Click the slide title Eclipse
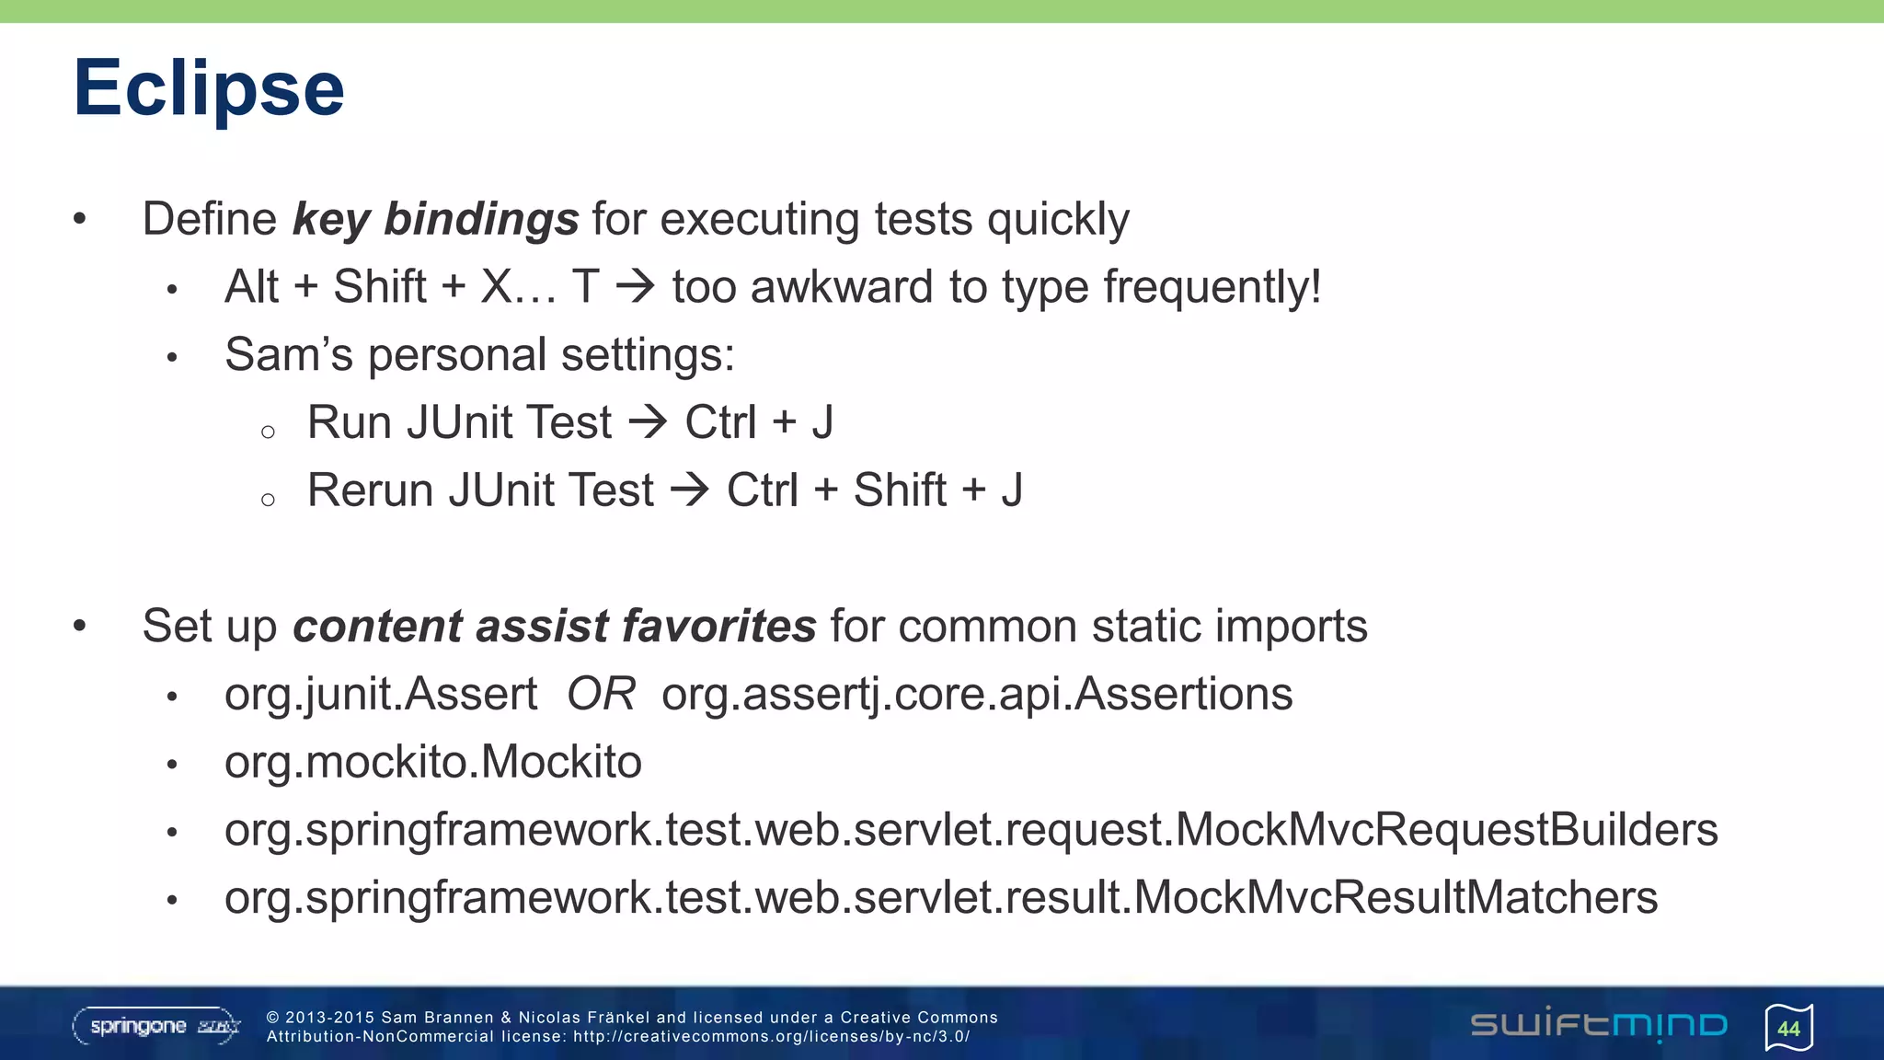click(209, 88)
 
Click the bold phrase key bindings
click(435, 220)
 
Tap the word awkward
click(842, 287)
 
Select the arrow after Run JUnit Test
click(649, 422)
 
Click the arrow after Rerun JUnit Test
click(690, 490)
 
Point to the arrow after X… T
click(636, 286)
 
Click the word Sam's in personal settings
click(288, 355)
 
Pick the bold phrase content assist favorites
click(554, 627)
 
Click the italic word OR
click(601, 694)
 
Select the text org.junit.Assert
click(381, 695)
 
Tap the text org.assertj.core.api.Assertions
click(977, 695)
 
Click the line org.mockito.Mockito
click(432, 763)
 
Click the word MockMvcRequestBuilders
click(1446, 830)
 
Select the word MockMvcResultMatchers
click(1396, 898)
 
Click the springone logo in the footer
click(155, 1026)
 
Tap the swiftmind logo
click(1599, 1024)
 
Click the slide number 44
click(1788, 1029)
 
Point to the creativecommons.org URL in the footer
click(771, 1037)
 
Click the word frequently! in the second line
click(1212, 287)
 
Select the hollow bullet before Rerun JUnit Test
click(268, 500)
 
